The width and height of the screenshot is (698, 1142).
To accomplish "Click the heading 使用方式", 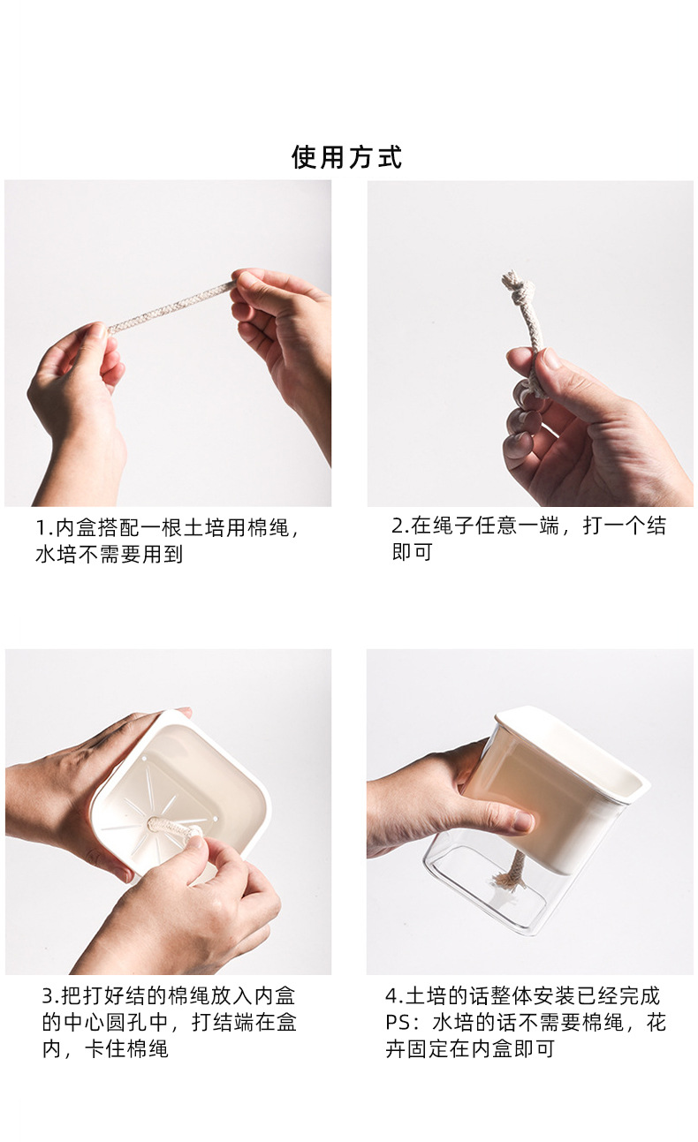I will (x=347, y=157).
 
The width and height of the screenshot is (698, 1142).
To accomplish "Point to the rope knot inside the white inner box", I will (x=168, y=826).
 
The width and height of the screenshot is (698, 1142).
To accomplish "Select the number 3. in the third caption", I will (x=51, y=996).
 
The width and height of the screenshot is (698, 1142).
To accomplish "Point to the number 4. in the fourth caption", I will (x=394, y=996).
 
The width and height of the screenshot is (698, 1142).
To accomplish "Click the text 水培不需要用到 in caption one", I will (x=109, y=555).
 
